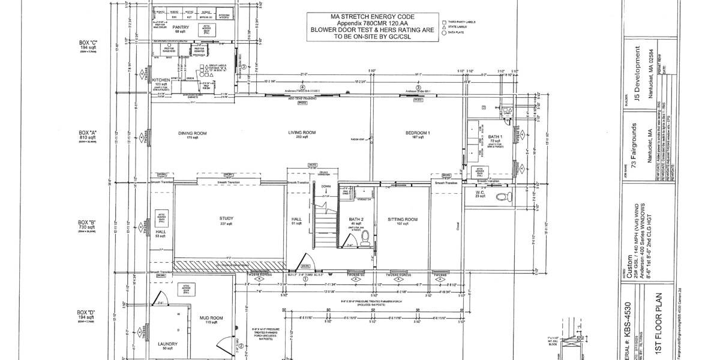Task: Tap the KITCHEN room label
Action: click(x=160, y=79)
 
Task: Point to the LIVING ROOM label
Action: click(x=286, y=133)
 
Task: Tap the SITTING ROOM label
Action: click(x=402, y=220)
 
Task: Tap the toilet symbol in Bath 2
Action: click(x=364, y=239)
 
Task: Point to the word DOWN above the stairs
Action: click(x=326, y=187)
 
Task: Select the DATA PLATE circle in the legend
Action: click(x=443, y=33)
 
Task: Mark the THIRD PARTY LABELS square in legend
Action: click(x=443, y=21)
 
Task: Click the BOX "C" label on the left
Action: click(x=88, y=43)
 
